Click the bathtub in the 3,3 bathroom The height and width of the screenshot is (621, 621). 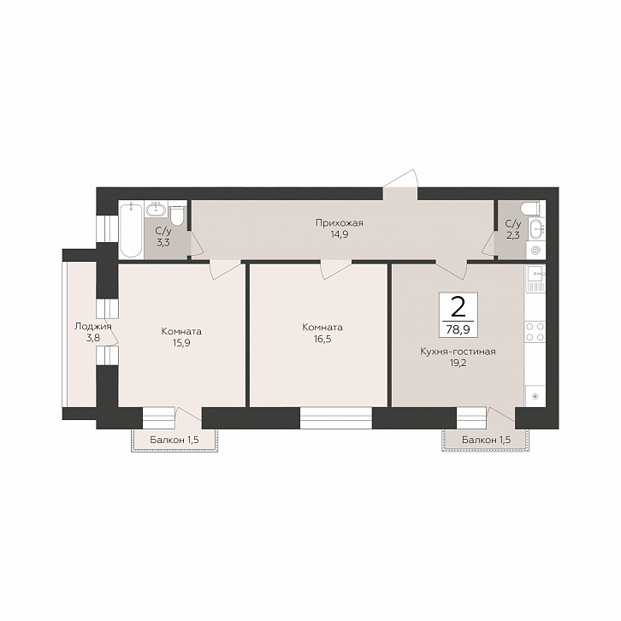coord(131,230)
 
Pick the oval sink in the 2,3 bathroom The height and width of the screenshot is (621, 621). coord(536,230)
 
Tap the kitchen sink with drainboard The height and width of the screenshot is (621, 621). coord(535,278)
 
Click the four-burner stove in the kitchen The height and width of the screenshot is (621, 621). coord(535,332)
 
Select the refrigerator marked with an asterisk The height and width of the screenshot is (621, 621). coord(535,396)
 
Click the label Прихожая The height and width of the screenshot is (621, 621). coord(340,223)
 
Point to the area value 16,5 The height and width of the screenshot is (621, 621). coord(322,339)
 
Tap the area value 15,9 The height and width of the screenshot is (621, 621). coord(181,343)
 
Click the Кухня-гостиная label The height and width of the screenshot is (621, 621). coord(458,352)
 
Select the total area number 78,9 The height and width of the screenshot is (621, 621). coord(458,329)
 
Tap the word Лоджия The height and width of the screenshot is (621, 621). coord(93,327)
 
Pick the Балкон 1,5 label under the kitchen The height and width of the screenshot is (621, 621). coord(487,440)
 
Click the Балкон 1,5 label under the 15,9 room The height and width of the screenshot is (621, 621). coord(174,440)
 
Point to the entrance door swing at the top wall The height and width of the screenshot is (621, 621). coord(400,184)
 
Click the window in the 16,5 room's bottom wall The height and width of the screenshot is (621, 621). coord(336,418)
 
